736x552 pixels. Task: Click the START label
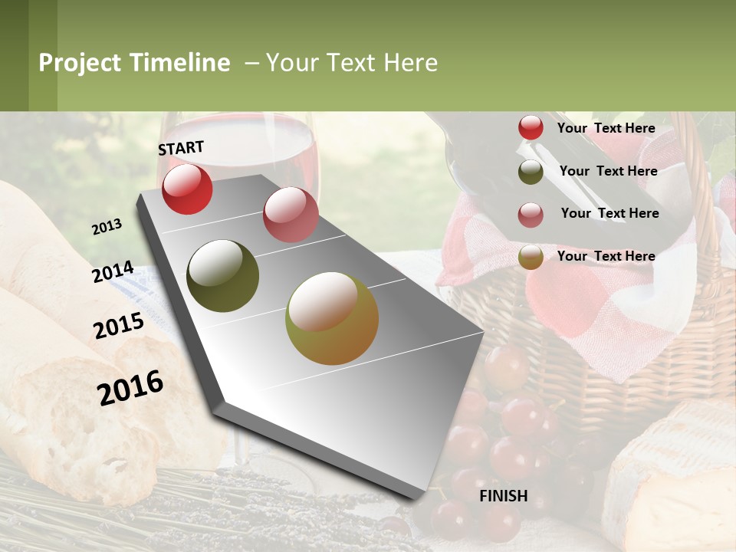click(181, 148)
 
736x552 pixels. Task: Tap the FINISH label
click(504, 496)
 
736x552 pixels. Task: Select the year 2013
click(107, 227)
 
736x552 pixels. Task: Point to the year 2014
click(113, 272)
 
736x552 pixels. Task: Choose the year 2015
click(119, 326)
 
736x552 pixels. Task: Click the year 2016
click(130, 387)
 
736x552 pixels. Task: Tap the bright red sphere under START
click(187, 189)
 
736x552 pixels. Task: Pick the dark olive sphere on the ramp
click(222, 276)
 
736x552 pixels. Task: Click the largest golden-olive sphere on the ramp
click(332, 318)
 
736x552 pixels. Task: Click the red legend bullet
click(531, 128)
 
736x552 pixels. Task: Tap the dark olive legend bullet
click(531, 172)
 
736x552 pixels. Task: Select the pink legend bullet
click(531, 215)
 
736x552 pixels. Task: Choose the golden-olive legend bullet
click(531, 258)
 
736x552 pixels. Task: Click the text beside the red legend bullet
click(606, 128)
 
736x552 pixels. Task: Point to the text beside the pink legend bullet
click(609, 213)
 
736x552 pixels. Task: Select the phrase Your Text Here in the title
click(352, 63)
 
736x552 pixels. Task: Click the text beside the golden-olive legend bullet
click(606, 256)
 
